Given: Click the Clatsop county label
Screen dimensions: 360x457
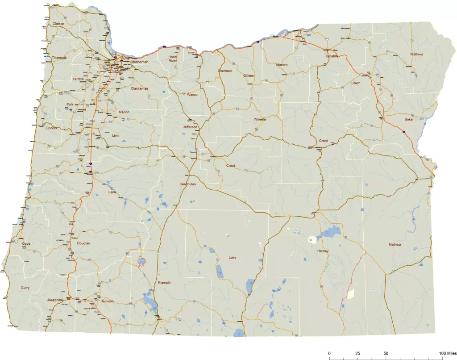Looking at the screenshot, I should point(58,24).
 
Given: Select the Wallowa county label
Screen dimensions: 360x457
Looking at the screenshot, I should point(417,54).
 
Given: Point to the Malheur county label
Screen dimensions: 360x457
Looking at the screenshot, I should point(395,244).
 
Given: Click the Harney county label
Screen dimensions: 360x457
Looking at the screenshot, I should point(323,251).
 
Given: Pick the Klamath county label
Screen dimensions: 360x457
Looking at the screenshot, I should point(164,283).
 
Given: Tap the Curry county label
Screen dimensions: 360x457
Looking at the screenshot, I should point(25,288).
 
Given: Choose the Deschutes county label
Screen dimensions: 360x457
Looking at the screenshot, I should point(187,184).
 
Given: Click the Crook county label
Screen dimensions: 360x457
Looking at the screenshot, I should point(231,166).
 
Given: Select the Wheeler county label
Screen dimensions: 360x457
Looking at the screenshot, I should point(260,120).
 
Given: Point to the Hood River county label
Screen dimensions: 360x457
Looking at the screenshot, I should point(173,59).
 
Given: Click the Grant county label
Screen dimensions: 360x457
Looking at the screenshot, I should point(324,141).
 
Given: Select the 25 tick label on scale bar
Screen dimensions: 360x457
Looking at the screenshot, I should point(357,353).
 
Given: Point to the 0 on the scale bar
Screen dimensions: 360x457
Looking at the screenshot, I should point(329,353).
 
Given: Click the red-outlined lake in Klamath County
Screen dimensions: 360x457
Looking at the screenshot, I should point(141,261).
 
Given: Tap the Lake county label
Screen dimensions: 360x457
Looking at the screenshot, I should point(233,258).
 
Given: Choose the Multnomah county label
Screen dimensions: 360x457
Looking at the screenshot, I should point(140,62).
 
